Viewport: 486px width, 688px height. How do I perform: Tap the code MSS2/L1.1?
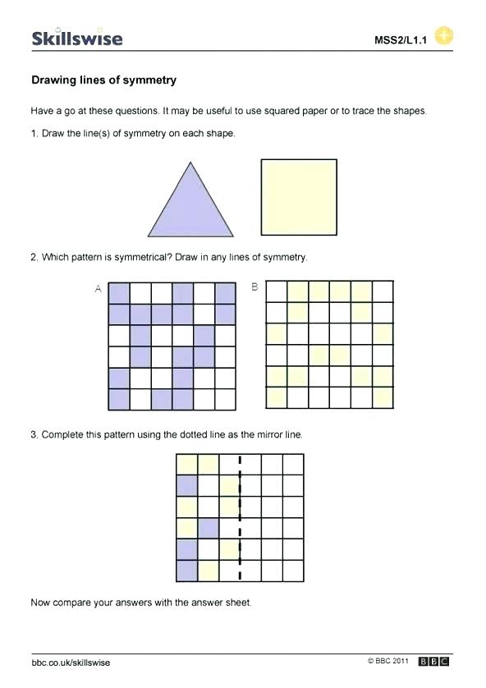coord(402,39)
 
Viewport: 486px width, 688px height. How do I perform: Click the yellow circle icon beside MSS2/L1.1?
coord(443,36)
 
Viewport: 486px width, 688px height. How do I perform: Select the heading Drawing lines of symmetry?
coord(103,80)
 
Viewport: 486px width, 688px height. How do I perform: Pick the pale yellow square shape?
coord(299,197)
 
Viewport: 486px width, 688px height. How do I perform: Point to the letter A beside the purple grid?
coord(99,289)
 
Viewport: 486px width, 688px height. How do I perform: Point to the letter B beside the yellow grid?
coord(254,287)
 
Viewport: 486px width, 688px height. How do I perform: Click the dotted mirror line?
coord(240,518)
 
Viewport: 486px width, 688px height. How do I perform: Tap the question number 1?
coord(34,133)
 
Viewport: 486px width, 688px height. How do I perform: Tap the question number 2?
coord(34,257)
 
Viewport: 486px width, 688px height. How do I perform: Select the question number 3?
coord(34,434)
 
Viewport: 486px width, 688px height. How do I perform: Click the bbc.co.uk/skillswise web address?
coord(71,663)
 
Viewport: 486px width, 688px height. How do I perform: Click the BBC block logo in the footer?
coord(434,662)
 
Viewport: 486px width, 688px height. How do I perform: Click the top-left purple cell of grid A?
coord(119,293)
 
